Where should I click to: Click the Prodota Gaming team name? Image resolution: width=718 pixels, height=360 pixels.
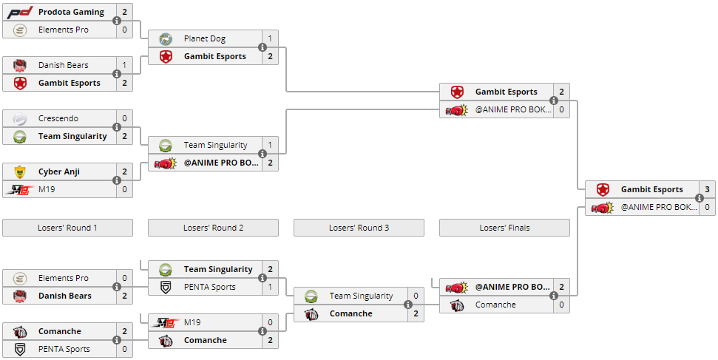tap(71, 13)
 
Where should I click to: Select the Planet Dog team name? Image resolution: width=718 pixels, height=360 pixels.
tap(205, 39)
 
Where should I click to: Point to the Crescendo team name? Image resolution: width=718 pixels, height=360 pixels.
tap(58, 119)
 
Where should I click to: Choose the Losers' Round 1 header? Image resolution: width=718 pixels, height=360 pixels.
tap(67, 228)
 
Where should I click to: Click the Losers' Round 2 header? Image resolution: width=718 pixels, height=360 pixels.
tap(213, 228)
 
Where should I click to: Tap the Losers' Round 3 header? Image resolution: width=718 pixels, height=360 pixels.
tap(359, 228)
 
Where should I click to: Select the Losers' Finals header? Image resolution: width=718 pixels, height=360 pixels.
tap(504, 228)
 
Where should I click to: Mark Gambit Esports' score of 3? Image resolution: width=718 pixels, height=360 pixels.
tap(707, 190)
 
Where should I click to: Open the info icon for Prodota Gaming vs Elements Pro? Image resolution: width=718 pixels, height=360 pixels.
tap(117, 21)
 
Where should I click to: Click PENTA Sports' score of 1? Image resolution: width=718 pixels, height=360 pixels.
tap(270, 288)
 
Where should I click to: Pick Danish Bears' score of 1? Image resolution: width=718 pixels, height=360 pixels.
tap(124, 66)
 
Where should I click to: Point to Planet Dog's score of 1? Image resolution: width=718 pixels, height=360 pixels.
tap(270, 39)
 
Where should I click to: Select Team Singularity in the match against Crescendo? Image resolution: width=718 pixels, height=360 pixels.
tap(72, 137)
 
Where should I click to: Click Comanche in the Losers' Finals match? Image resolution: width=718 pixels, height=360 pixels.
tap(495, 305)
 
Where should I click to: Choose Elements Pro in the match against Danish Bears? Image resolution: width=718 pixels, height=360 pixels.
tap(64, 279)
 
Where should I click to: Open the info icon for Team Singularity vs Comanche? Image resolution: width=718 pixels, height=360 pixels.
tap(408, 305)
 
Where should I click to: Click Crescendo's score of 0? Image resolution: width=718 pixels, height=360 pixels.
tap(124, 119)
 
